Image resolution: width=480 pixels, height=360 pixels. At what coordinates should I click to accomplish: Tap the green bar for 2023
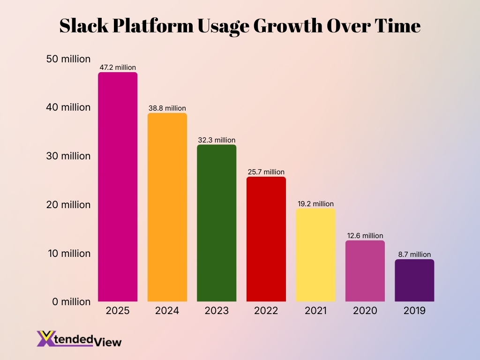click(x=217, y=223)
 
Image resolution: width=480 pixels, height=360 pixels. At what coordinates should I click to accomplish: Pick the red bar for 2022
click(x=266, y=239)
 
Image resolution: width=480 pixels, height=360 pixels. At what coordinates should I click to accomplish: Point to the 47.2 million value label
click(x=118, y=67)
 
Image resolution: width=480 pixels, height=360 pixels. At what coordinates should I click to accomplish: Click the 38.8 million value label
click(x=167, y=108)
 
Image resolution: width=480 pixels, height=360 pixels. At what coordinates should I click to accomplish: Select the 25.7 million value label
click(x=266, y=172)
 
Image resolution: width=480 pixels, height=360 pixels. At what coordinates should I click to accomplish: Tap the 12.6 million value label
click(x=365, y=236)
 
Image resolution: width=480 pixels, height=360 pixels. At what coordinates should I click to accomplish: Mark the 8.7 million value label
click(x=414, y=255)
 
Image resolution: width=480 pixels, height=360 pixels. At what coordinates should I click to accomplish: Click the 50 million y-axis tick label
click(x=68, y=59)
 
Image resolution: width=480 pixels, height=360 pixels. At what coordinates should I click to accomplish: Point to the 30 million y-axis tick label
click(x=68, y=156)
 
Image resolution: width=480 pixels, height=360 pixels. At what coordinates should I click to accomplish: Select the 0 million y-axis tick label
click(x=70, y=302)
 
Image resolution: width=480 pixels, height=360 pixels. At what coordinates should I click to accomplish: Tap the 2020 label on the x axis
click(x=365, y=311)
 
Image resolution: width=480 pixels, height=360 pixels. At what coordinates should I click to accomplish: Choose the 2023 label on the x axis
click(x=217, y=311)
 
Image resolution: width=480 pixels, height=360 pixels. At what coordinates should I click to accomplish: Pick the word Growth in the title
click(x=285, y=26)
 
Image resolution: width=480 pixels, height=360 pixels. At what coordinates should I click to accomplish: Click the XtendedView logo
click(x=79, y=339)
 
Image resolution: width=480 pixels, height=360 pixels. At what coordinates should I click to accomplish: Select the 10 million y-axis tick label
click(x=68, y=254)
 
